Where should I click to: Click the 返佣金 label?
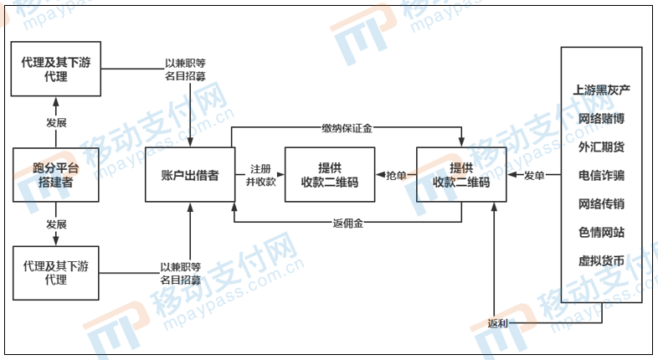347,223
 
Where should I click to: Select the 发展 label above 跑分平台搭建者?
56,122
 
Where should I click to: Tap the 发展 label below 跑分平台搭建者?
56,225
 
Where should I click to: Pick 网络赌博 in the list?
601,118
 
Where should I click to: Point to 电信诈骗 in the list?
601,175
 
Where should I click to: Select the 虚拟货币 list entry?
601,260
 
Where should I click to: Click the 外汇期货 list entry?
601,147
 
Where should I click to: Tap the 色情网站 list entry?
601,232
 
